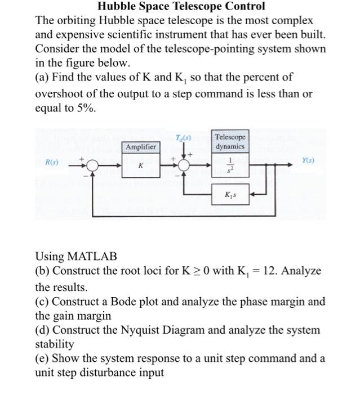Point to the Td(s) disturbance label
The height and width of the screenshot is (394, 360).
[184, 137]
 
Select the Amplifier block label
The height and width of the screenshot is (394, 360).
[141, 147]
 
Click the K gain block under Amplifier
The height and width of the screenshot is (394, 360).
[141, 167]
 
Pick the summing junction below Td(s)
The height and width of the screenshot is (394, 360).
[184, 167]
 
